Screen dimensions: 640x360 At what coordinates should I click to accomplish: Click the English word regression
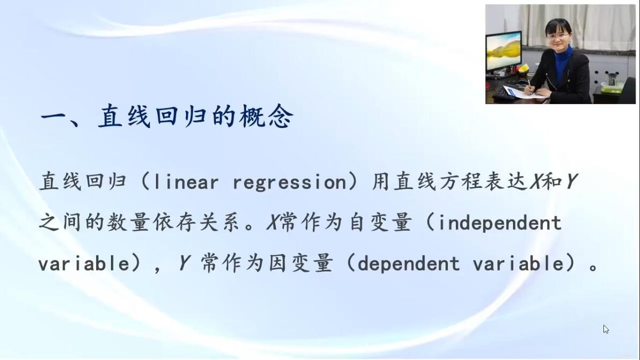click(x=289, y=182)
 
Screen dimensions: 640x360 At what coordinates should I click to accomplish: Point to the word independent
click(x=499, y=223)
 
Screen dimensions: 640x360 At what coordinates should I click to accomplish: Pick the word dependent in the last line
click(x=408, y=263)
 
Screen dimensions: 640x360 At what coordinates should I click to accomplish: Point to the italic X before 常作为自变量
click(x=273, y=223)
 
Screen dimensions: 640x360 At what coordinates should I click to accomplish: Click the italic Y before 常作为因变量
click(x=184, y=263)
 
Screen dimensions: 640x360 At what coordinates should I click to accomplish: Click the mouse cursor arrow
click(x=606, y=329)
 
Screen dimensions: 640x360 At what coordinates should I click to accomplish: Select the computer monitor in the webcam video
click(x=504, y=52)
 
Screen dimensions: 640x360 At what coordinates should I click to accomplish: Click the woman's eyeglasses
click(x=558, y=36)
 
